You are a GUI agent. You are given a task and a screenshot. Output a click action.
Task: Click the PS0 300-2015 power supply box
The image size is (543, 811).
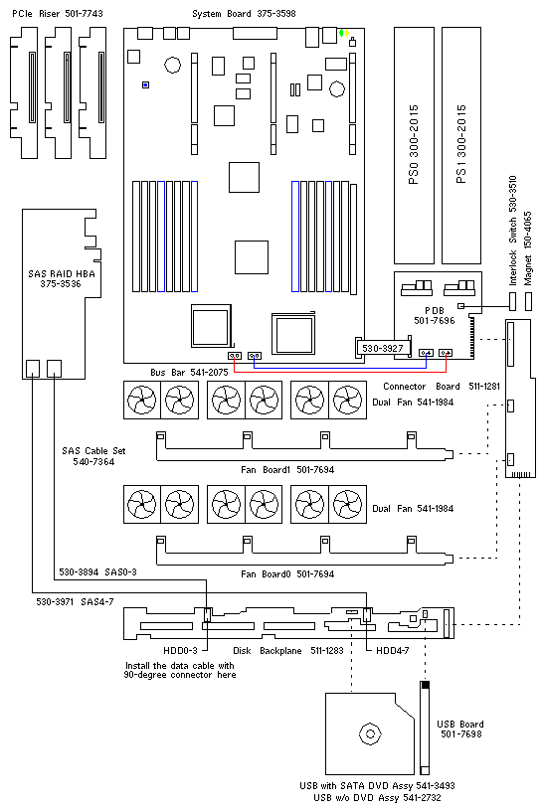click(414, 145)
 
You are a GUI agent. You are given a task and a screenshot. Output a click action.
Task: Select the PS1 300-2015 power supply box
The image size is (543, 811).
click(461, 145)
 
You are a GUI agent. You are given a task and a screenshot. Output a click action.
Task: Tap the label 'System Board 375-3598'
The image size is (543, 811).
click(244, 14)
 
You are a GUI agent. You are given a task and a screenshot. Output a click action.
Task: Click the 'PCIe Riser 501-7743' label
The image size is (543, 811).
click(58, 14)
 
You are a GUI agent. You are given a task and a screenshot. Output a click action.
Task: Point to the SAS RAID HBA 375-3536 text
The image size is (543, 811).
click(62, 278)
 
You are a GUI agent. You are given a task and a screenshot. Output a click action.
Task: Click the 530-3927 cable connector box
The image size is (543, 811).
click(383, 348)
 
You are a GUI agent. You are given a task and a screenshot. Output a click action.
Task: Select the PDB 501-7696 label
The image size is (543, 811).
click(435, 315)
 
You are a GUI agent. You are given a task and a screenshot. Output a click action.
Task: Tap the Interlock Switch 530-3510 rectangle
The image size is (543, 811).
click(513, 301)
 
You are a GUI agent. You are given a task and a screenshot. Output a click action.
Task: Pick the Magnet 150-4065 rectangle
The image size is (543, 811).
click(528, 301)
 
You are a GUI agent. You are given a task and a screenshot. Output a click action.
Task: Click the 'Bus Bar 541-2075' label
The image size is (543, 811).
click(189, 373)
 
